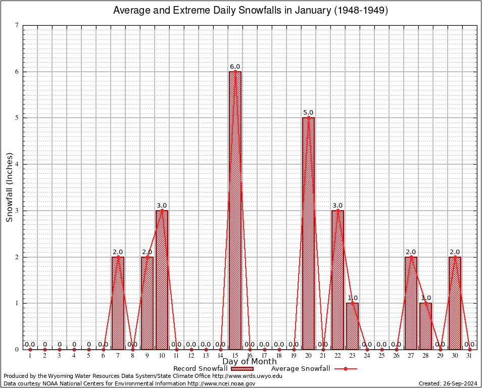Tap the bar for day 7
pos(118,303)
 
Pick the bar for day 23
pos(352,326)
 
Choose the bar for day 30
pos(455,303)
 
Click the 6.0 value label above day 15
pos(235,67)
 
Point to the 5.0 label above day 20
pos(308,113)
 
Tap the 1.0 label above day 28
pos(425,298)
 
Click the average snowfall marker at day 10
pos(162,210)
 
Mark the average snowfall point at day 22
pos(338,210)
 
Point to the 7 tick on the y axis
pos(17,25)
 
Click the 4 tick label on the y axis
pos(17,164)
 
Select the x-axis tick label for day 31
pos(469,356)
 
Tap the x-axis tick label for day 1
pos(30,356)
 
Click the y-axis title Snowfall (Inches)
pos(10,187)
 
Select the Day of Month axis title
pos(250,361)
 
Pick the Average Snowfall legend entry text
pos(301,369)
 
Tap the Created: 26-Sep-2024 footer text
pos(448,383)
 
